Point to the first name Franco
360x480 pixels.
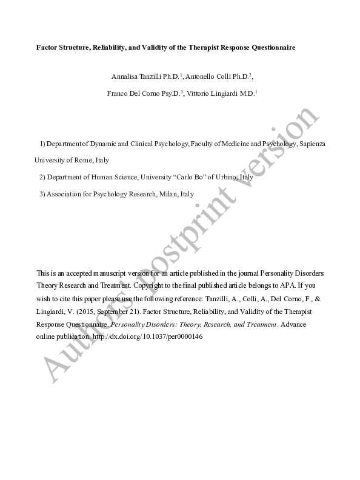pos(118,93)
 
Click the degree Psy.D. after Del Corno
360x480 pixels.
pos(173,93)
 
